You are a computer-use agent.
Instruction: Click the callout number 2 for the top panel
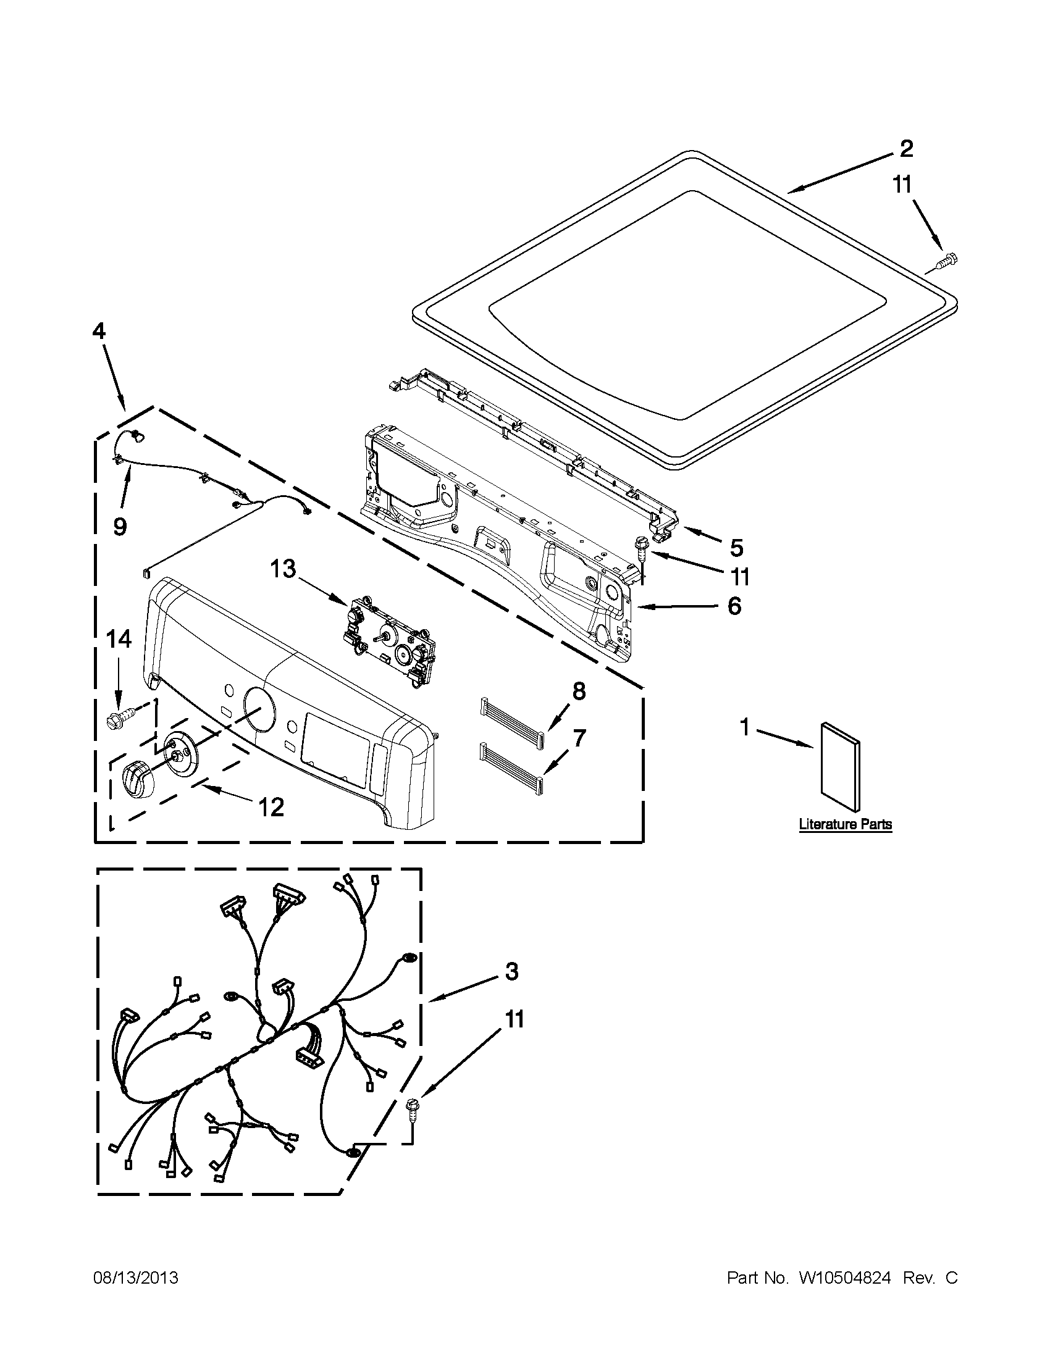[x=906, y=149]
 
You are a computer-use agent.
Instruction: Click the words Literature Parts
[x=845, y=824]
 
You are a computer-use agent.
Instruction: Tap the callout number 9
[x=119, y=527]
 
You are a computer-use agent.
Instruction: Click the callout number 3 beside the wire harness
[x=511, y=971]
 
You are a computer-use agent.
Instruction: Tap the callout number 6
[x=734, y=606]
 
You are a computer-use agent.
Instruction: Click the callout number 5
[x=736, y=548]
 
